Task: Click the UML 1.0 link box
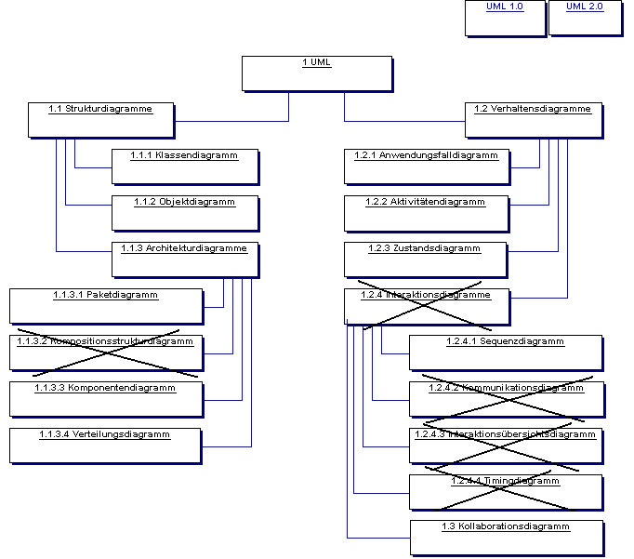pos(505,18)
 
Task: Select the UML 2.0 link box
pos(585,18)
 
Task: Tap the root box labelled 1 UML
pos(316,73)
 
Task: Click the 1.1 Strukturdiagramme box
pos(100,120)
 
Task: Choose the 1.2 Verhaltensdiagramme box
pos(533,120)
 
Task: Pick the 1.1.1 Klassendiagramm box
pos(184,166)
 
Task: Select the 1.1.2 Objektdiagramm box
pos(184,213)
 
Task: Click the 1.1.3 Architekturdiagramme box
pos(184,260)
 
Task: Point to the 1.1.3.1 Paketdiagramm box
pos(105,306)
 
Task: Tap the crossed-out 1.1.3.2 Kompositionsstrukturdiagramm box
pos(105,353)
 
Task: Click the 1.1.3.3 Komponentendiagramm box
pos(105,399)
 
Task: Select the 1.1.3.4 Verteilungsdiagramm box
pos(105,446)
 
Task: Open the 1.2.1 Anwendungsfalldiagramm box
pos(426,166)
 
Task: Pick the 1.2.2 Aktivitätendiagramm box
pos(426,213)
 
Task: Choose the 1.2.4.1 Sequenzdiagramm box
pos(506,353)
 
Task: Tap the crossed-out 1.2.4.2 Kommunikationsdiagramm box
pos(506,399)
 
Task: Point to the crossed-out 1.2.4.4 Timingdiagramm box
pos(506,492)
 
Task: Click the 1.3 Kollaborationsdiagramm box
pos(506,538)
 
